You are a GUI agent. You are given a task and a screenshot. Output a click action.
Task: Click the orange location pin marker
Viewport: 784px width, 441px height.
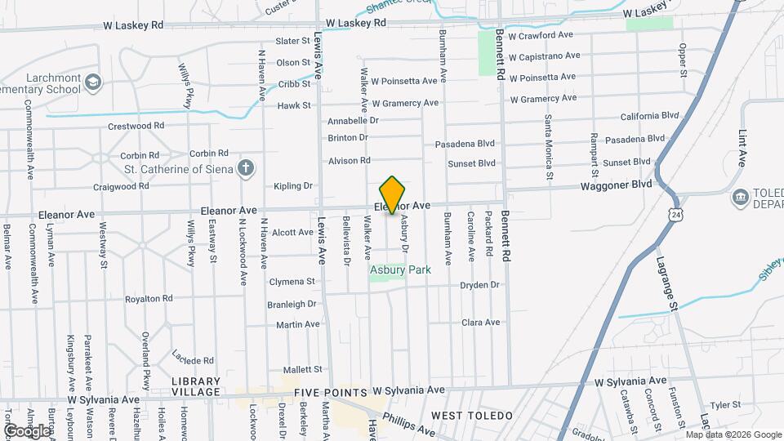(x=393, y=194)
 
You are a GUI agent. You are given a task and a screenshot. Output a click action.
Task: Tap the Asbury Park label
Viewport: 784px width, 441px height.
(x=399, y=269)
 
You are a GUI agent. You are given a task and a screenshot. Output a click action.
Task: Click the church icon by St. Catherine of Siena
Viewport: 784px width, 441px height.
(x=246, y=170)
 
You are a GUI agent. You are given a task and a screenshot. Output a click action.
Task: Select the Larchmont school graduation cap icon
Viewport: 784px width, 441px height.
(x=93, y=82)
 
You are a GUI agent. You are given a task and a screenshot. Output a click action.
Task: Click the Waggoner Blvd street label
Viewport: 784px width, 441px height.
(x=616, y=185)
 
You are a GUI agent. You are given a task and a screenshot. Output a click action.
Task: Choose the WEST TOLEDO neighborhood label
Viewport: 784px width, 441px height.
(x=472, y=416)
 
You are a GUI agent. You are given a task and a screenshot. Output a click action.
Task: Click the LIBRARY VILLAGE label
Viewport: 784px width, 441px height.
(x=196, y=386)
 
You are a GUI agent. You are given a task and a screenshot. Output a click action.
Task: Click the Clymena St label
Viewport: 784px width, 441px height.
(x=292, y=282)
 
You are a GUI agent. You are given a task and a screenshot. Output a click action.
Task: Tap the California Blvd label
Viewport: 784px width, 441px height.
(x=649, y=117)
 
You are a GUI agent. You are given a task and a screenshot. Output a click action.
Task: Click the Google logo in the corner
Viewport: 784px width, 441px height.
(x=26, y=430)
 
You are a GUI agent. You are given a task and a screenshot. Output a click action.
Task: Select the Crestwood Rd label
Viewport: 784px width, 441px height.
(x=136, y=127)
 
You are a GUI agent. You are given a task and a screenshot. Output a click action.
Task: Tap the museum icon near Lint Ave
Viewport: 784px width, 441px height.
(x=741, y=197)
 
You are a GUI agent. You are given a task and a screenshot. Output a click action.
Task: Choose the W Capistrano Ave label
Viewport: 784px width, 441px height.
(x=544, y=56)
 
